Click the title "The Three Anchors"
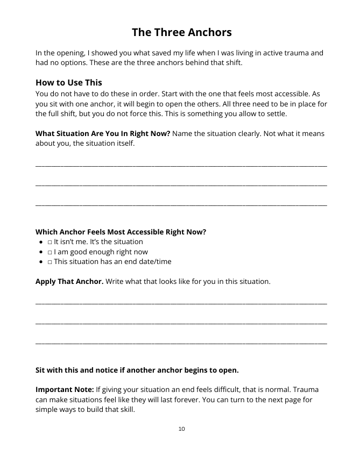click(181, 32)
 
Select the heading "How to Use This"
click(68, 82)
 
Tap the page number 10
click(181, 429)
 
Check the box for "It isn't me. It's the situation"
click(50, 242)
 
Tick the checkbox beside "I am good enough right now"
click(50, 252)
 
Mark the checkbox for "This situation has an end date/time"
click(50, 262)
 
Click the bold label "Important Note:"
click(64, 389)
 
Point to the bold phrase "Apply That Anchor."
click(69, 282)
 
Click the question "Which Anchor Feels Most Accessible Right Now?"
click(121, 232)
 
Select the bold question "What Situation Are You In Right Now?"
click(102, 133)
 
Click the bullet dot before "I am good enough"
click(41, 252)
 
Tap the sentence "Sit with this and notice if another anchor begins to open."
click(137, 370)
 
